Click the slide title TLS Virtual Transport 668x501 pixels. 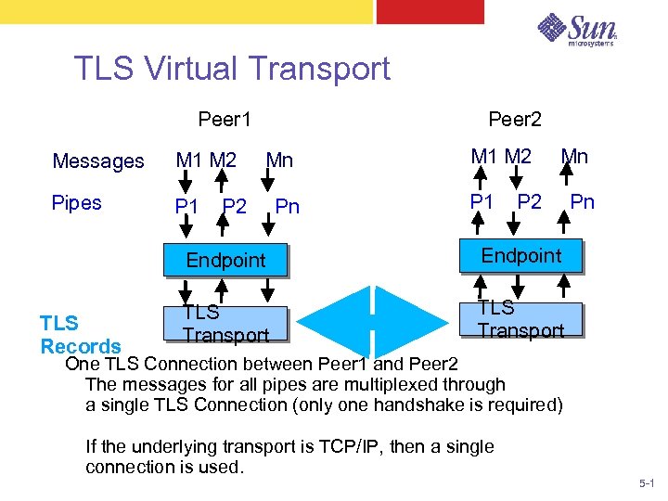232,69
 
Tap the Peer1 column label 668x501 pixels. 225,120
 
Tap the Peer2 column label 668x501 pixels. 515,120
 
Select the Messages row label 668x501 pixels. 98,161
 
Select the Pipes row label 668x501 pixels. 77,202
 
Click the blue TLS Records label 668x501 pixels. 80,335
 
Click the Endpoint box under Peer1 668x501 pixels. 225,260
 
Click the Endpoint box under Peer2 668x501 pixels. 520,255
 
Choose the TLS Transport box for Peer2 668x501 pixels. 520,319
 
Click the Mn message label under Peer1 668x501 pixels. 279,161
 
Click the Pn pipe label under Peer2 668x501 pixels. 582,201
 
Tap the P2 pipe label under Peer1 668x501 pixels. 235,206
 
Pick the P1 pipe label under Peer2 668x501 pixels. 482,201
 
